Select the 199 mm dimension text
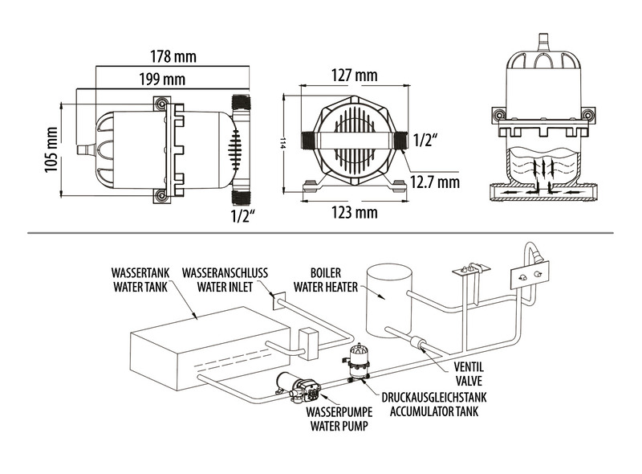pyautogui.click(x=161, y=79)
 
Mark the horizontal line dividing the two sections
pyautogui.click(x=321, y=233)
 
